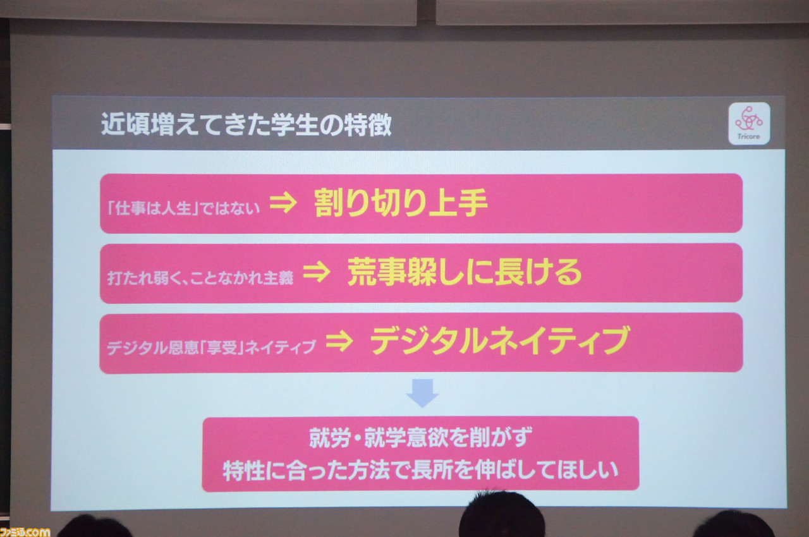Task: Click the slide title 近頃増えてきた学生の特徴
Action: tap(246, 125)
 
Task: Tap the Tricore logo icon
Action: tap(749, 123)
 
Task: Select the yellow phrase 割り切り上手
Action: tap(401, 202)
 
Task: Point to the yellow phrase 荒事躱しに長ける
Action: tap(465, 272)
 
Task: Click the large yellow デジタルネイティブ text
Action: tap(501, 341)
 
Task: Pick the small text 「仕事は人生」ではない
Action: tap(184, 208)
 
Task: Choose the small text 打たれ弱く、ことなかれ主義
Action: tap(200, 277)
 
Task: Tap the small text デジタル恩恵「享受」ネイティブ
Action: tap(212, 347)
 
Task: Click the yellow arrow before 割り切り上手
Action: tap(283, 202)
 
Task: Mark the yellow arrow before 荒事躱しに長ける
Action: tap(317, 272)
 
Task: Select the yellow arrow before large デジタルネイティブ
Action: tap(339, 341)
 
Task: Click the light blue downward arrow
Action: tap(423, 393)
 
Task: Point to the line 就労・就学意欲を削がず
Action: tap(421, 437)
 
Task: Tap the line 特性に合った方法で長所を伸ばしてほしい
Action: tap(421, 470)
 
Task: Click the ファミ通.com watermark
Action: tap(25, 532)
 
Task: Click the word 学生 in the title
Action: tap(295, 125)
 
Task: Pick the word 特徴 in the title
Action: tap(368, 125)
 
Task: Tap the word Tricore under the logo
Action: tap(749, 136)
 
